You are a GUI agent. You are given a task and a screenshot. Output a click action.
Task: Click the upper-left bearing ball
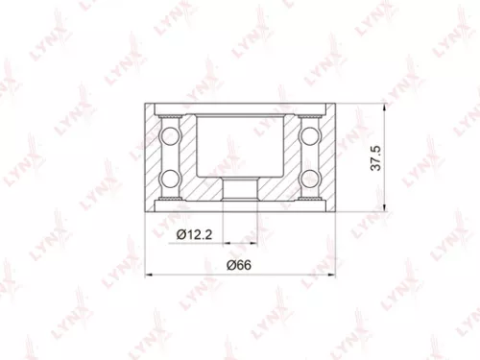170,132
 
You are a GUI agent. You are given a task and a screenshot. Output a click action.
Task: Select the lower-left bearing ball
170,177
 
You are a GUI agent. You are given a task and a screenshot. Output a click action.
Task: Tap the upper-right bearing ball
312,132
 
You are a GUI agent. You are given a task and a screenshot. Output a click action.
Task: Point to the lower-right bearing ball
312,177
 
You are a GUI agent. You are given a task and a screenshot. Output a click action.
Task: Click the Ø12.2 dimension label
195,234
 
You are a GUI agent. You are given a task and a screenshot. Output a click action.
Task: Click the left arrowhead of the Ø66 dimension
148,276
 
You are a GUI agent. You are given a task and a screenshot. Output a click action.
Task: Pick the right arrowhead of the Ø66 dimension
332,276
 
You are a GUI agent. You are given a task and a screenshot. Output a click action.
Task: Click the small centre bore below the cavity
241,189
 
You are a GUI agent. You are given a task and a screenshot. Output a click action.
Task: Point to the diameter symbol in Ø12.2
179,234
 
